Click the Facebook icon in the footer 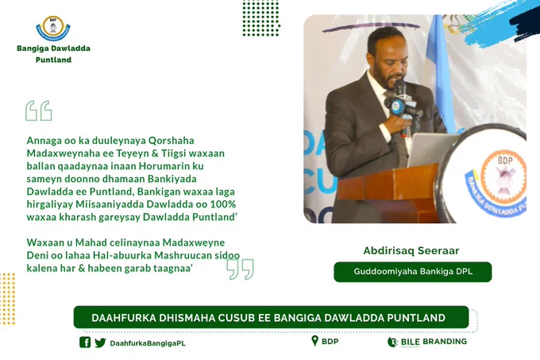(85, 342)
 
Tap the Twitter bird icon (100, 343)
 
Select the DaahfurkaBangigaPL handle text (148, 343)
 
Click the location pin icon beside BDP (314, 341)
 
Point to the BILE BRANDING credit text (434, 342)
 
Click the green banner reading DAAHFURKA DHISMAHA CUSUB (271, 317)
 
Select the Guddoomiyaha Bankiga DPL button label (413, 272)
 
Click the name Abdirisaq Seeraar (411, 250)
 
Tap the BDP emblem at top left (53, 28)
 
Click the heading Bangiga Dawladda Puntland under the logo (53, 54)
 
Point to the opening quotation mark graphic (39, 110)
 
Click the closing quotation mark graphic (240, 269)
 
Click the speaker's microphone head (399, 87)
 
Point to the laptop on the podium (432, 149)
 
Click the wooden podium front (389, 193)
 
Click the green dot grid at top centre (261, 18)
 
